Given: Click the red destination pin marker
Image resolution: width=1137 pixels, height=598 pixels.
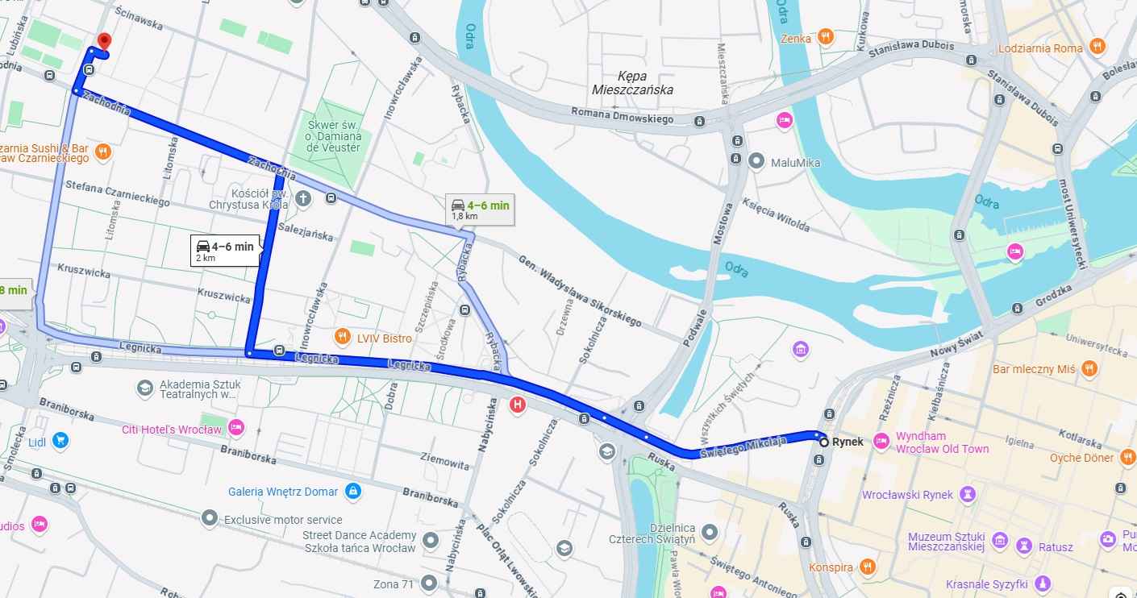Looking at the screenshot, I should coord(103,42).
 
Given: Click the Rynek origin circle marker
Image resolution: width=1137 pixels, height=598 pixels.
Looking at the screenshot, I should coord(823,442).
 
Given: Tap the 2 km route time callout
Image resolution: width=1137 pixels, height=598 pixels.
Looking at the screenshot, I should coord(225,251).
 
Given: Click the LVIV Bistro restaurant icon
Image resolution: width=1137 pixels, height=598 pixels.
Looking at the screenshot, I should coord(342,338).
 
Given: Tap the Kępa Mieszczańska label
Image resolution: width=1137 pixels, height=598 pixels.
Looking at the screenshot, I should coord(633,82).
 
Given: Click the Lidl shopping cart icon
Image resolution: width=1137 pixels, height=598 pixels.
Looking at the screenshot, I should coord(60,440).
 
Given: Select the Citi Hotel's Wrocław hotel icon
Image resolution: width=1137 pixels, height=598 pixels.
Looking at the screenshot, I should coord(235,428).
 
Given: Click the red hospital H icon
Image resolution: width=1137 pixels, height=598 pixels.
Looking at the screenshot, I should coord(518,405).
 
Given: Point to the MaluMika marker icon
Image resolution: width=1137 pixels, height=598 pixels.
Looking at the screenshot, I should coord(756,162).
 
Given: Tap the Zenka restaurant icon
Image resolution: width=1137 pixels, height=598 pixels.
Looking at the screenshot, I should coord(824,37).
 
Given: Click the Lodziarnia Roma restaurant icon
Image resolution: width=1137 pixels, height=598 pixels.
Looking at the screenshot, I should coord(1097,48).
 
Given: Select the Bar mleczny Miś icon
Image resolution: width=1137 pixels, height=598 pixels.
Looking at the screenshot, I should coord(1089,369).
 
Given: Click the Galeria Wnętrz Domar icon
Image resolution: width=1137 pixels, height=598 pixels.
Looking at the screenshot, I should coord(352,490).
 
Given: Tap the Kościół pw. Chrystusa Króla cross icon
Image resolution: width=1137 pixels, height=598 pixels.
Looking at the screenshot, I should coord(303,198).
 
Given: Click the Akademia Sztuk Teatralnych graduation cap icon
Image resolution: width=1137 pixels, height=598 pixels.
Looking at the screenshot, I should coord(145,389).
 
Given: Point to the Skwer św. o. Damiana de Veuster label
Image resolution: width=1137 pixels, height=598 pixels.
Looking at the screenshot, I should coord(334,135).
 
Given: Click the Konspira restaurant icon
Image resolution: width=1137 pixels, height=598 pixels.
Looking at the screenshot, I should coord(867,567).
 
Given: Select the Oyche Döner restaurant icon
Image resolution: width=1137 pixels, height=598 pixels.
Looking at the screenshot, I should coord(1127,458).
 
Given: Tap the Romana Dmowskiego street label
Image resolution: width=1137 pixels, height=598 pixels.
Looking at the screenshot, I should coord(633,118).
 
